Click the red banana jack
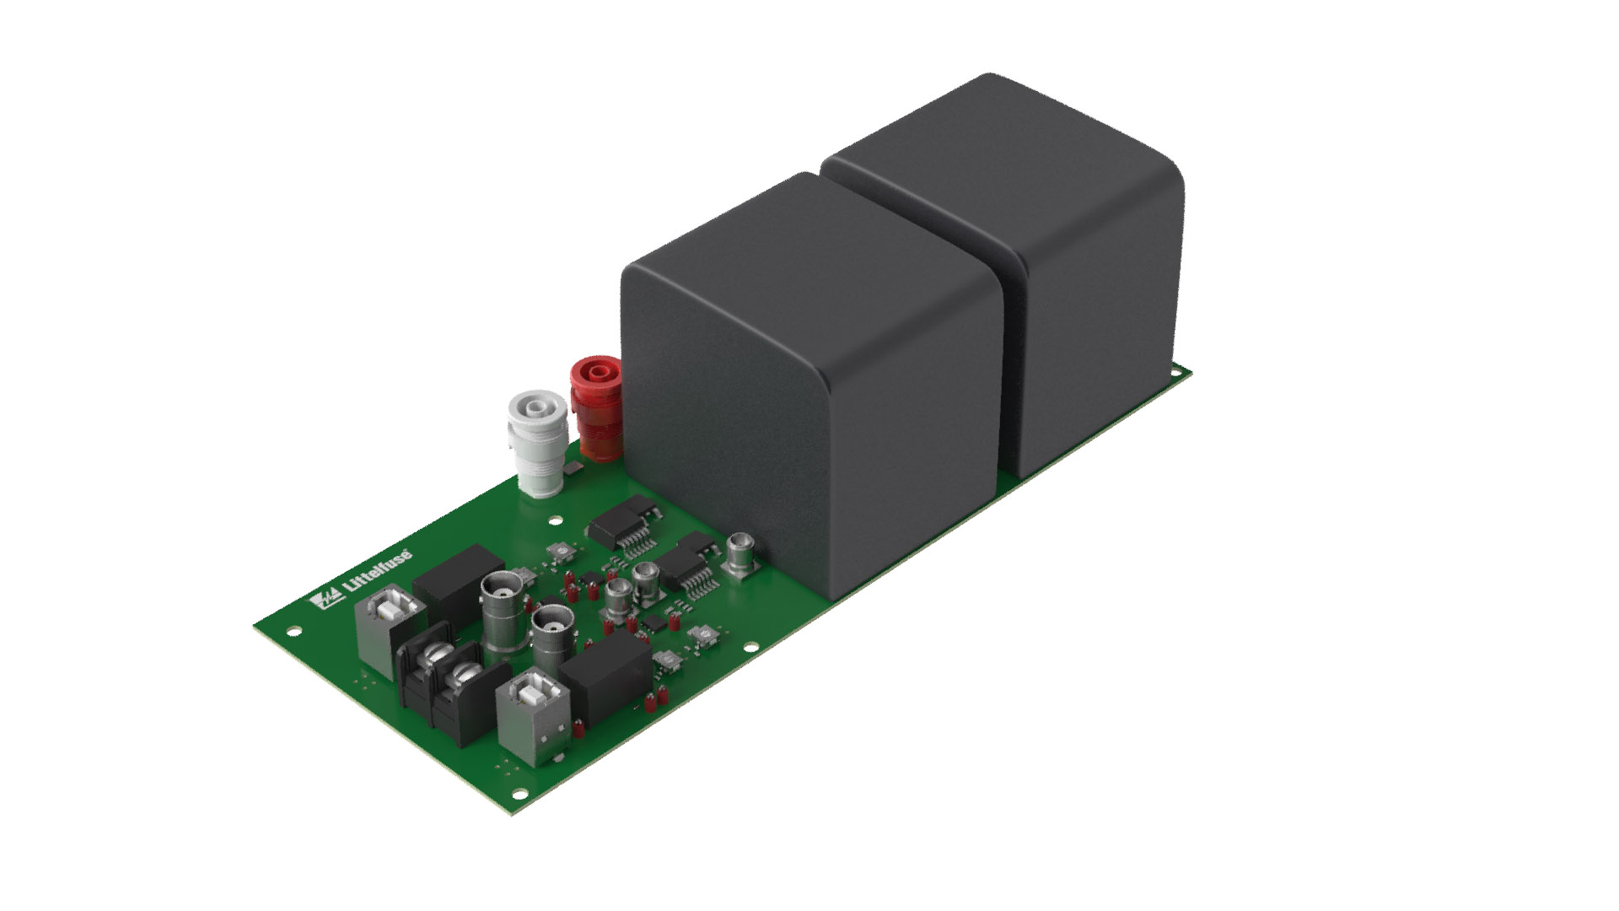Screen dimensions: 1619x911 (x=596, y=408)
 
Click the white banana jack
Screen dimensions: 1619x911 (x=537, y=442)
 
